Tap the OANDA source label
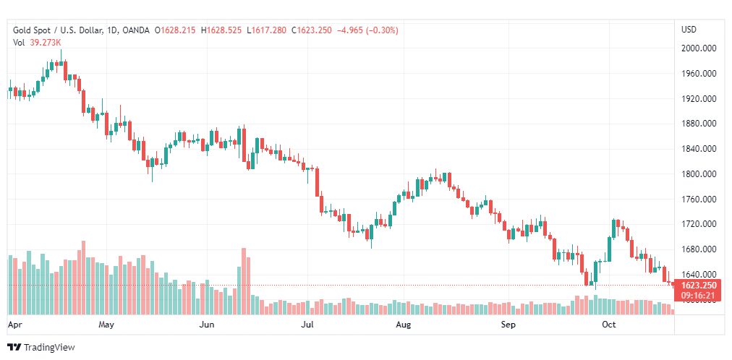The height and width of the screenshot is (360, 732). pyautogui.click(x=137, y=30)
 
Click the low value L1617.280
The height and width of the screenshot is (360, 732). pyautogui.click(x=266, y=30)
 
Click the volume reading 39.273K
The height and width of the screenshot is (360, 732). pyautogui.click(x=46, y=42)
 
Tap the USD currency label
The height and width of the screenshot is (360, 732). pyautogui.click(x=689, y=30)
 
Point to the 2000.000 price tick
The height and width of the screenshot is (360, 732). pyautogui.click(x=699, y=48)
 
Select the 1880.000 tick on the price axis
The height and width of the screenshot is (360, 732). pyautogui.click(x=699, y=124)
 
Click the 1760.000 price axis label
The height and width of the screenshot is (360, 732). pyautogui.click(x=699, y=200)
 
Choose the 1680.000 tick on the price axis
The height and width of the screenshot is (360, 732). pyautogui.click(x=699, y=249)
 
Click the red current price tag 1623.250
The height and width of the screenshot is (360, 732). pyautogui.click(x=699, y=286)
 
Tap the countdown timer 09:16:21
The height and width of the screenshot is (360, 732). pyautogui.click(x=699, y=295)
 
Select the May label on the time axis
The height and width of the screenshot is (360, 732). pyautogui.click(x=106, y=325)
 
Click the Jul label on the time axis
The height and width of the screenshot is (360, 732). pyautogui.click(x=307, y=325)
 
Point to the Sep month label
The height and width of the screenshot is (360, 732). pyautogui.click(x=508, y=325)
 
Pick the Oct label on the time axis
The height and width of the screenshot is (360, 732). pyautogui.click(x=608, y=325)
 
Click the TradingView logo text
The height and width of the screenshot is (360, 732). pyautogui.click(x=49, y=348)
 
